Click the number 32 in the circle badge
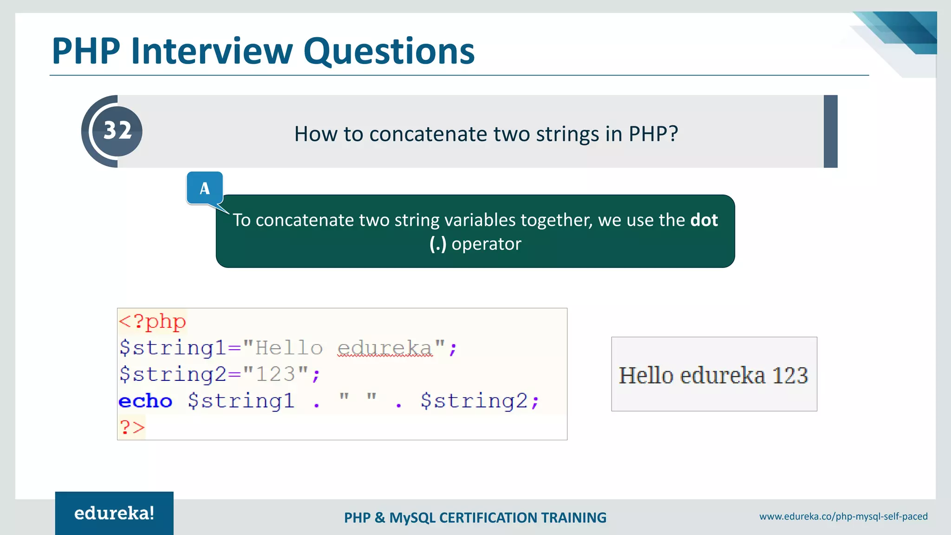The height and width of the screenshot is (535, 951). coord(117,130)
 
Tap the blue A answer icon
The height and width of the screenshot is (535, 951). coord(205,188)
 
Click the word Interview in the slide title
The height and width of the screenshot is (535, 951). coord(212,51)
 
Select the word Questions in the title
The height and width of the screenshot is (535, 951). coord(389,51)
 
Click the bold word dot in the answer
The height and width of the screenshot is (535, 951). coord(704,220)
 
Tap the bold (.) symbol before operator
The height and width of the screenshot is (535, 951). coord(437,244)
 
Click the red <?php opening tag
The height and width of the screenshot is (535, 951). coord(152,321)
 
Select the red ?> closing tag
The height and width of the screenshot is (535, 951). coord(132,427)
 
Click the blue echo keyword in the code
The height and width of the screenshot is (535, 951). coord(145,401)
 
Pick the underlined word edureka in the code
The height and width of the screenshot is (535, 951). coord(384,348)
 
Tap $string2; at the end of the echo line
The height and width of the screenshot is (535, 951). coord(479,401)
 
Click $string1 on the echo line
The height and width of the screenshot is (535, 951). coord(241,401)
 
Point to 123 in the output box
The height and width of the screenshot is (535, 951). coord(790,375)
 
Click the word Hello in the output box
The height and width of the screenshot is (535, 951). coord(646,375)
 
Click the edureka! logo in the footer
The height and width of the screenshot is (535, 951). coord(114,513)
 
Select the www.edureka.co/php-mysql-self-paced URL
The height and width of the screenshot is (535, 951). coord(843,516)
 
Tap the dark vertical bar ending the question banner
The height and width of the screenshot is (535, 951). coord(830,131)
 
